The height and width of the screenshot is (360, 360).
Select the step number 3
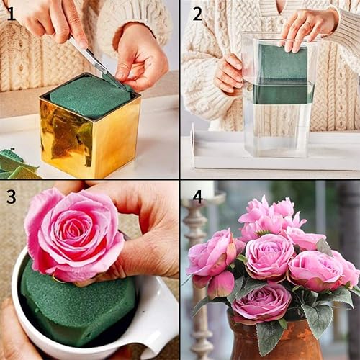[11, 196]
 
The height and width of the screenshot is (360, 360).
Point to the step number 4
[197, 195]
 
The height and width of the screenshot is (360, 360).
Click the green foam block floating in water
[282, 79]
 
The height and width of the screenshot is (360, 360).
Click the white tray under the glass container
[216, 155]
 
